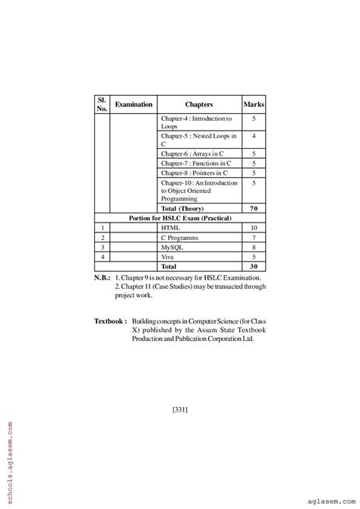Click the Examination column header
click(134, 104)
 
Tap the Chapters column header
click(199, 104)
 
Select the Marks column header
click(253, 104)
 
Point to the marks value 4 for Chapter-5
click(253, 136)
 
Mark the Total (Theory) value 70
click(253, 208)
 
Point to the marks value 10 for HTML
click(253, 228)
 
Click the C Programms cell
click(179, 238)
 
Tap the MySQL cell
click(172, 248)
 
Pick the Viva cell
click(168, 258)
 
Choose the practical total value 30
click(253, 267)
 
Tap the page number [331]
click(180, 411)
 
